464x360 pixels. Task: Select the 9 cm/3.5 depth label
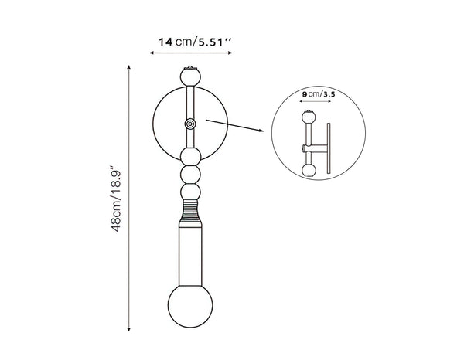(x=319, y=93)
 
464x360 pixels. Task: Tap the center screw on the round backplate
(x=189, y=124)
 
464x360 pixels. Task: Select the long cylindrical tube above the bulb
(x=189, y=251)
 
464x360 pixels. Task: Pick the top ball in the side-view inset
(x=309, y=118)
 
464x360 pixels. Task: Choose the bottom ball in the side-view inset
(x=309, y=169)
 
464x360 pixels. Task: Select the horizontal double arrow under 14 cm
(x=189, y=53)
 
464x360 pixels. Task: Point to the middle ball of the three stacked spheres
(x=189, y=173)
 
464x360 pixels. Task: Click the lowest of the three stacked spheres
(x=189, y=189)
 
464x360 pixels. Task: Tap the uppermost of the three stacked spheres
(x=189, y=156)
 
